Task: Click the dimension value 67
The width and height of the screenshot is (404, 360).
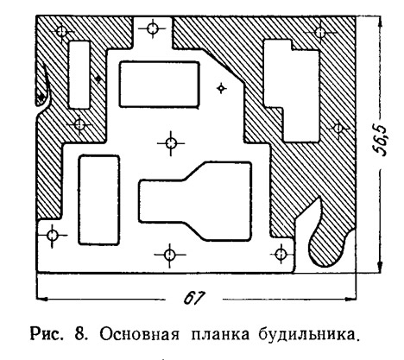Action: [x=193, y=298]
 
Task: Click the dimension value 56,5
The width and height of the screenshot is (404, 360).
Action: [x=380, y=141]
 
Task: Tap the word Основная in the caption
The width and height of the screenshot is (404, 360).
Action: [x=139, y=335]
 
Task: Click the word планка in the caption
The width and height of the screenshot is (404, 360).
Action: [x=220, y=335]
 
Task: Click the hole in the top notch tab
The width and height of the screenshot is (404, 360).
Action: [x=152, y=28]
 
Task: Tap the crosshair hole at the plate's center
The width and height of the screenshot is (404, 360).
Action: [x=171, y=143]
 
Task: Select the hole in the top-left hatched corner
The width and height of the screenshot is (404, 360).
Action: [x=61, y=31]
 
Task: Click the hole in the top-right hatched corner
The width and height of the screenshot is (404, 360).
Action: [x=320, y=33]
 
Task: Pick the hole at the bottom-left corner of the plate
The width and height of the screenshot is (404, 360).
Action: [x=52, y=236]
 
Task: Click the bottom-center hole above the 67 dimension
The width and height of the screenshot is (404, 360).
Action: [x=169, y=255]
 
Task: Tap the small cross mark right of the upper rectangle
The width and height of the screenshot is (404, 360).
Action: [x=221, y=88]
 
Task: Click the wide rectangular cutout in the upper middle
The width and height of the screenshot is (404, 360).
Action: [x=160, y=85]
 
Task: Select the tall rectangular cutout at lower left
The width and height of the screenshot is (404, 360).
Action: [x=99, y=200]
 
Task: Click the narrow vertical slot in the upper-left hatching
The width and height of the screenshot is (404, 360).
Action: [x=79, y=75]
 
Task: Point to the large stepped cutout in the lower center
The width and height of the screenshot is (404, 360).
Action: [x=196, y=201]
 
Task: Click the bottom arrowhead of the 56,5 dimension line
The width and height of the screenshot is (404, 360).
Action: [x=380, y=266]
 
